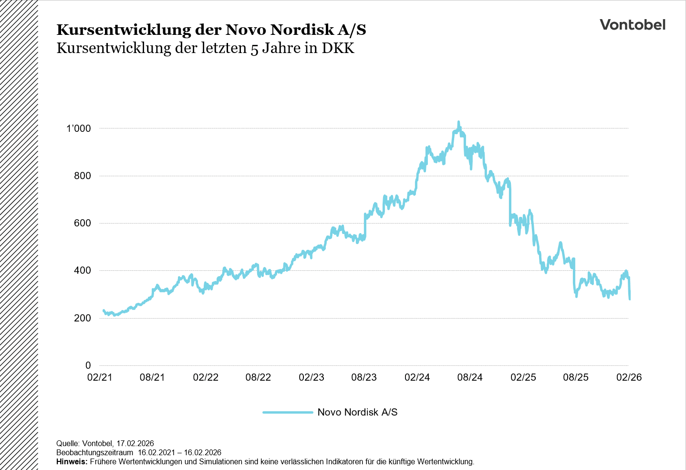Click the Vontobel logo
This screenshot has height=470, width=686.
(x=632, y=25)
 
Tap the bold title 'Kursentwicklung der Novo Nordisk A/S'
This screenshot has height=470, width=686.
(x=211, y=30)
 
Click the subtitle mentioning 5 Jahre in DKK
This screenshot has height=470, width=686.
(x=205, y=48)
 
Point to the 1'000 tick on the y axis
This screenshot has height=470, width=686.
(x=78, y=128)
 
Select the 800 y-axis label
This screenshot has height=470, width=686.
(x=82, y=176)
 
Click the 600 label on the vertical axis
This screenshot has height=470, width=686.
(x=82, y=223)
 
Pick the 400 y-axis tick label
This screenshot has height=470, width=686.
(x=82, y=270)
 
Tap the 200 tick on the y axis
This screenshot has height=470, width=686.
(x=82, y=318)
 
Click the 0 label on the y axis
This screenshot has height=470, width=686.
(x=88, y=365)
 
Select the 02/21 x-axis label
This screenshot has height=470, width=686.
(x=100, y=377)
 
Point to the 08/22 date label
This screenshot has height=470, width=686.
(x=258, y=377)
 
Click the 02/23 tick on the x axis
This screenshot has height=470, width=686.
(x=311, y=377)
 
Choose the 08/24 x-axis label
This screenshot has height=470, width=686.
(x=470, y=377)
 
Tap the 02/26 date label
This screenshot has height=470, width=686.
(x=629, y=377)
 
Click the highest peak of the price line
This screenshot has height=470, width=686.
(x=458, y=122)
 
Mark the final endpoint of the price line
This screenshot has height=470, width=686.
(x=630, y=299)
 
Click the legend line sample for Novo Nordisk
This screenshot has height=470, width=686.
(x=288, y=412)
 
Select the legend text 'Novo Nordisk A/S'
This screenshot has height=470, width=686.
(x=357, y=412)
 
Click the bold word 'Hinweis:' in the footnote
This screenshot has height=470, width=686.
(x=72, y=462)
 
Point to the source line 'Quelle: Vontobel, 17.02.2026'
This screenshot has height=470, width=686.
(x=105, y=443)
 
